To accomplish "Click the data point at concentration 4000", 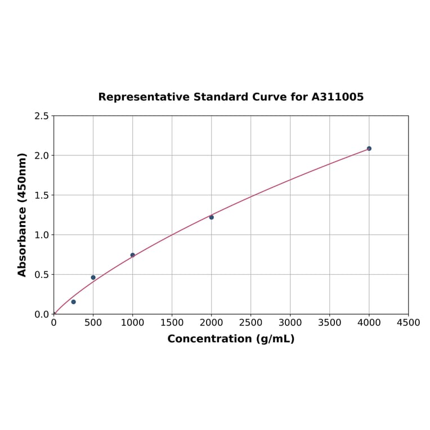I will coord(369,149).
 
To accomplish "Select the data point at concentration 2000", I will coord(212,217).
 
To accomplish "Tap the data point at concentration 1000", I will coord(133,255).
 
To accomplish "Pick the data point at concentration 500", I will coord(93,277).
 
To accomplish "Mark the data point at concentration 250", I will coord(74,302).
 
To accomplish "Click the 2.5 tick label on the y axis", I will coord(42,116).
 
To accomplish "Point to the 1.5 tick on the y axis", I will coord(42,195).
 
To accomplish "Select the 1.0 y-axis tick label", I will coord(42,235).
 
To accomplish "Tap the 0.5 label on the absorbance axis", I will coord(42,275).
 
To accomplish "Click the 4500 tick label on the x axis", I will coord(408,322).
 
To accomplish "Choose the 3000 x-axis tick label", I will coord(290,322).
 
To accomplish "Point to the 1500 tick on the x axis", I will coord(172,322).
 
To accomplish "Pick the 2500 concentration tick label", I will coord(250,322).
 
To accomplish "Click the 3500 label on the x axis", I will coord(329,322).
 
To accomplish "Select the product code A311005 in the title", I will coord(338,97).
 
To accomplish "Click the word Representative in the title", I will coord(144,97).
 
